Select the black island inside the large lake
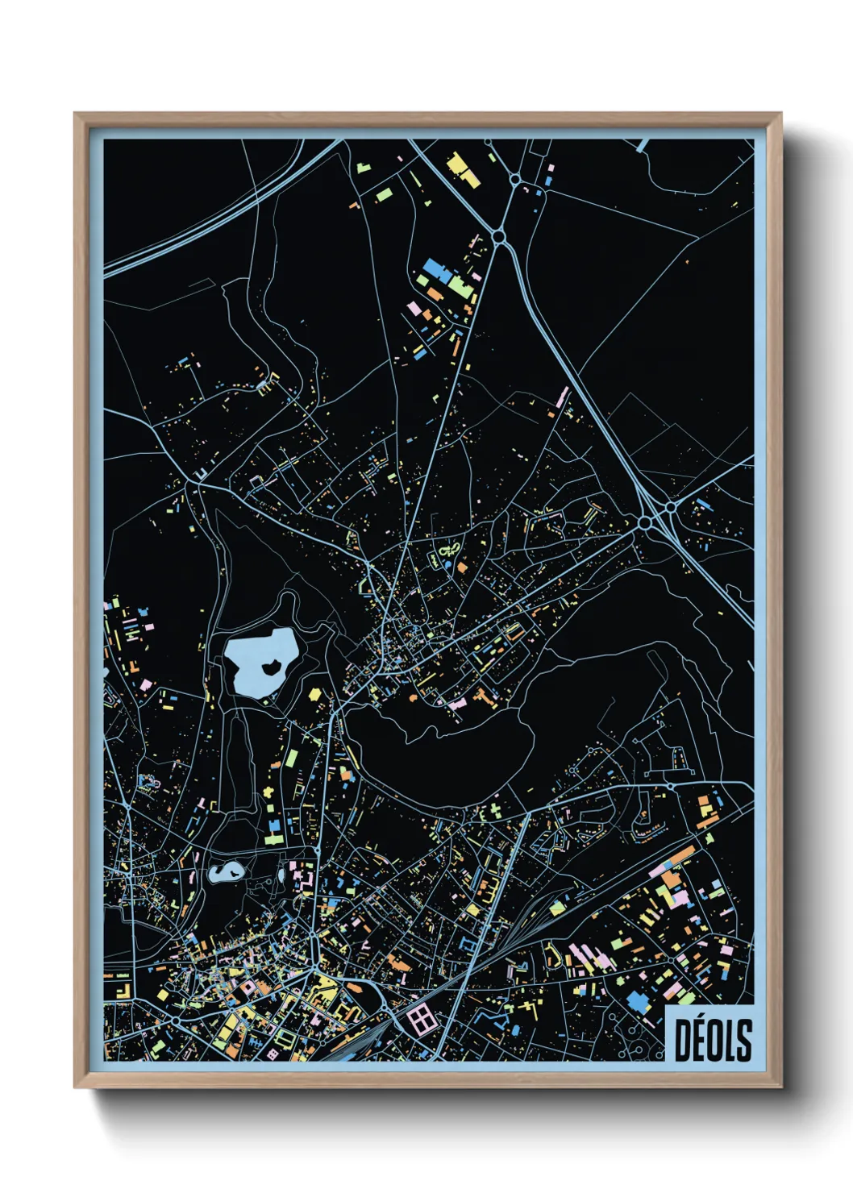[271, 667]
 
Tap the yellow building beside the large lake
[314, 693]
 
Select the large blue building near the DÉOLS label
[638, 1002]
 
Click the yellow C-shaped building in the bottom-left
[123, 989]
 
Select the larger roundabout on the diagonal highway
[645, 524]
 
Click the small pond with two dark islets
[226, 871]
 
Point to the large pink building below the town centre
[457, 704]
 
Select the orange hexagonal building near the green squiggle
[462, 567]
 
